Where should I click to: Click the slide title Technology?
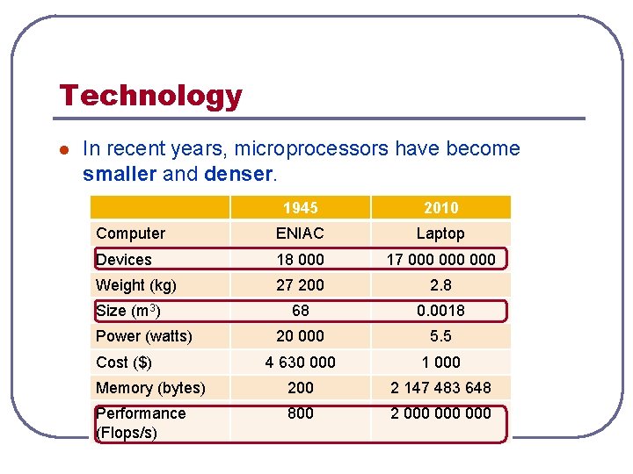pos(150,95)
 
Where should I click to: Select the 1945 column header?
pos(300,208)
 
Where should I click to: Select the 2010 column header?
pos(440,208)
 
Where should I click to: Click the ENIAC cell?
pos(300,233)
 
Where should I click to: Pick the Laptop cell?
pos(440,233)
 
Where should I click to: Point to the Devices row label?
pos(124,260)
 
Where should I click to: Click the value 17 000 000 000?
pos(440,260)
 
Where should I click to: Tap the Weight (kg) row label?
pos(136,285)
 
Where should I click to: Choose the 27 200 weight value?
pos(300,285)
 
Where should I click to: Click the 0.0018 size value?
pos(440,311)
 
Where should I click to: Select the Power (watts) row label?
pos(143,336)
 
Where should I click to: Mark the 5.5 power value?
pos(440,336)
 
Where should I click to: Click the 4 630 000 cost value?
pos(300,363)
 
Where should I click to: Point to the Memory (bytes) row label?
pos(150,388)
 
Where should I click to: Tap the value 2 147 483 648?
pos(440,388)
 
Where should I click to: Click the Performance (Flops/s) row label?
pos(141,422)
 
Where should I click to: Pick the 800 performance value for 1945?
pos(300,413)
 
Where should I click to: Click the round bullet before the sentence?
pos(63,150)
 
